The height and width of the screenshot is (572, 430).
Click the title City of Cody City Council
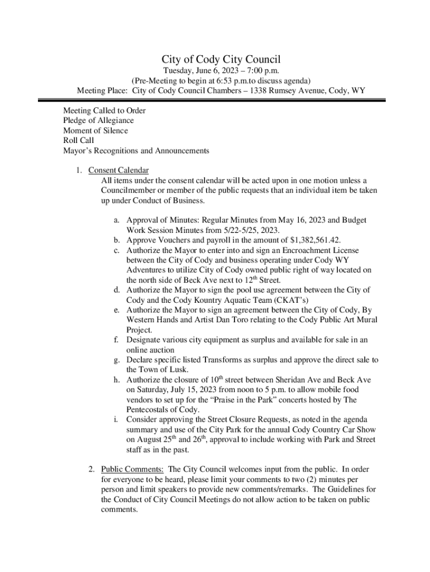pyautogui.click(x=221, y=59)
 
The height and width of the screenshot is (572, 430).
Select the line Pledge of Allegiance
pyautogui.click(x=98, y=120)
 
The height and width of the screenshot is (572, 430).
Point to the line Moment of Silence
pyautogui.click(x=95, y=130)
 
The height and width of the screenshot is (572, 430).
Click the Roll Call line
pyautogui.click(x=78, y=140)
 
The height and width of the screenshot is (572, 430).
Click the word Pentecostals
pyautogui.click(x=150, y=409)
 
